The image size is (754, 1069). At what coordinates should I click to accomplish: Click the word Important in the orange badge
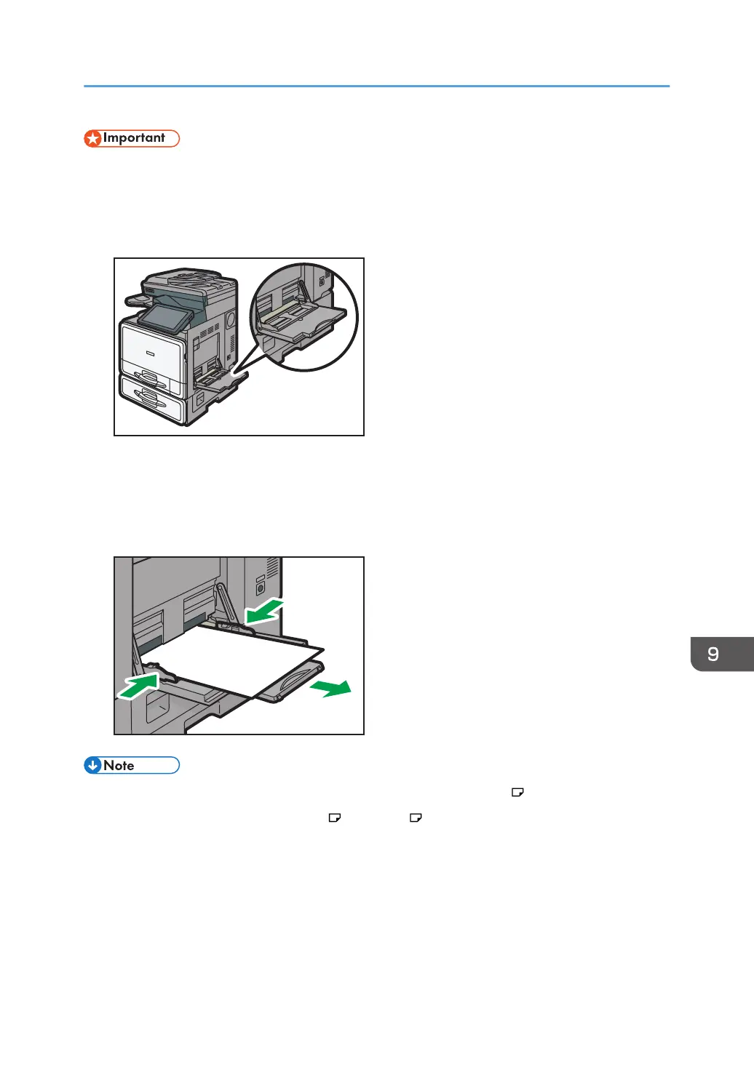tap(134, 138)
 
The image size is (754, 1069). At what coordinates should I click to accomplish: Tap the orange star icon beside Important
tap(93, 138)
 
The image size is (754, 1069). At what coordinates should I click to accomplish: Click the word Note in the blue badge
tap(119, 766)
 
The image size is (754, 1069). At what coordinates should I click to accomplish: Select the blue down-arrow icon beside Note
tap(92, 765)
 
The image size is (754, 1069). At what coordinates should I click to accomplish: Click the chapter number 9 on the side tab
tap(713, 654)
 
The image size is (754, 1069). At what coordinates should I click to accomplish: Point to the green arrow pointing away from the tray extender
tap(331, 688)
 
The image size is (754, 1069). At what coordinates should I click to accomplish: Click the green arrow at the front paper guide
tap(138, 685)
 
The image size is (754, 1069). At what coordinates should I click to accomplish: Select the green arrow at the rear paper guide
tap(263, 612)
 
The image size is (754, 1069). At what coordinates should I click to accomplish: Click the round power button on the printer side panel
tap(261, 588)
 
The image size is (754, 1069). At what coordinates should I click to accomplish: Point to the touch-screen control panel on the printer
tap(164, 318)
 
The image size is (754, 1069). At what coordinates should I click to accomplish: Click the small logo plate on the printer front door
tap(150, 353)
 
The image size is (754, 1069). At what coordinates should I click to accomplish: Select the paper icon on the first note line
tap(517, 792)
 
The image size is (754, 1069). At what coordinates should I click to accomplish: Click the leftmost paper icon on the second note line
tap(335, 817)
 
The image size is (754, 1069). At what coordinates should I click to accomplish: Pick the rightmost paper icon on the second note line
tap(416, 817)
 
